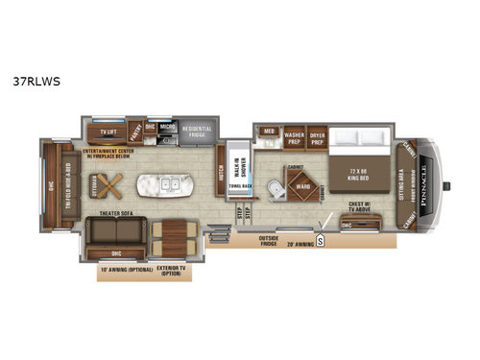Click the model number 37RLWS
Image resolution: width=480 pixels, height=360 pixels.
point(44,81)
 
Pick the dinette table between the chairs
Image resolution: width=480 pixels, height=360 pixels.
point(175,234)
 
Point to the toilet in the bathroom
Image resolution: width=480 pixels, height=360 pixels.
point(275,192)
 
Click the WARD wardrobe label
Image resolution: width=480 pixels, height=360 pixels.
point(302,186)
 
